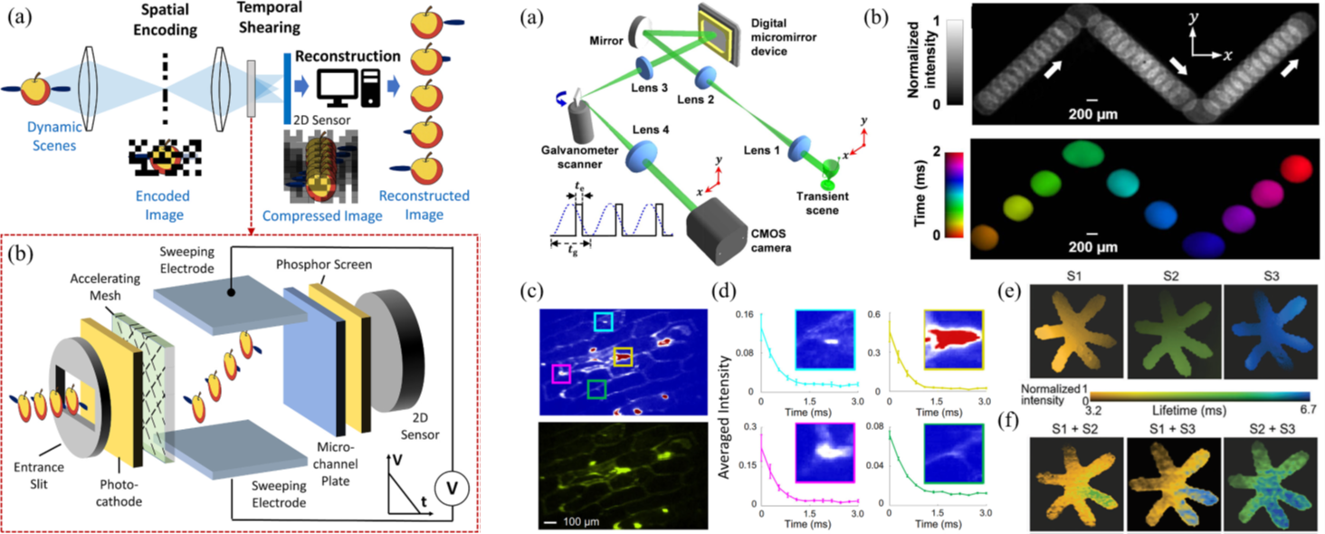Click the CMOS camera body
717,231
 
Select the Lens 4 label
651,129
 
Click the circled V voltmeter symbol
453,488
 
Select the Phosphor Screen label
324,264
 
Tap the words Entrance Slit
39,475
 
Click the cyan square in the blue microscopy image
604,322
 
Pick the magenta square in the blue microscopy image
561,374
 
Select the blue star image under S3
1271,331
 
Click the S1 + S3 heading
1172,429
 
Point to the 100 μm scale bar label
581,521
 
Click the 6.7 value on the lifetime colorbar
1308,409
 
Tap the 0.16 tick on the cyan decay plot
744,314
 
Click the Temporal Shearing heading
270,18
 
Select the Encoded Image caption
163,205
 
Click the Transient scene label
822,204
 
